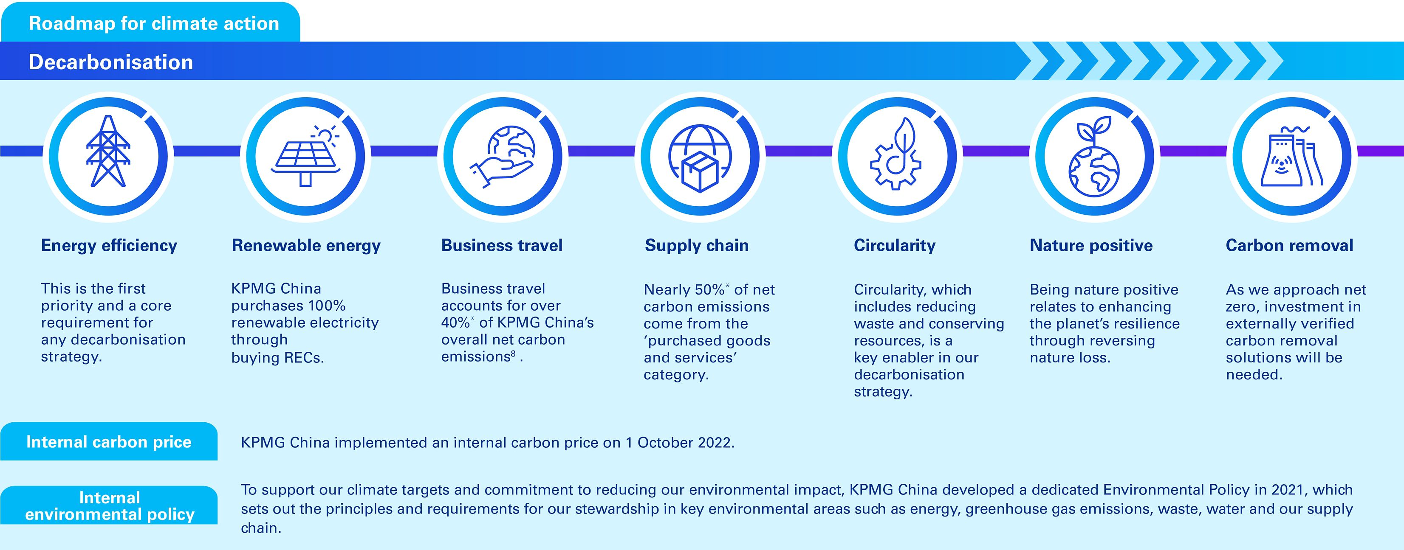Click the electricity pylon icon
pyautogui.click(x=108, y=151)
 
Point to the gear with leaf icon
pyautogui.click(x=896, y=154)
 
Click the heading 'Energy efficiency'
pyautogui.click(x=109, y=246)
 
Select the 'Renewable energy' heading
pyautogui.click(x=306, y=246)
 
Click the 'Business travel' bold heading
pyautogui.click(x=501, y=246)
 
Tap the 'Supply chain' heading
pyautogui.click(x=697, y=246)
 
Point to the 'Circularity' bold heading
pyautogui.click(x=894, y=246)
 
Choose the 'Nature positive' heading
pyautogui.click(x=1091, y=246)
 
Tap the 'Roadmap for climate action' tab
pyautogui.click(x=150, y=22)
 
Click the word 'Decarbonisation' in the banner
pyautogui.click(x=110, y=62)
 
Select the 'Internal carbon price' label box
pyautogui.click(x=109, y=442)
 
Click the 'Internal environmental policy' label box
pyautogui.click(x=109, y=505)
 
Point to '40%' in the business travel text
pyautogui.click(x=456, y=323)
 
